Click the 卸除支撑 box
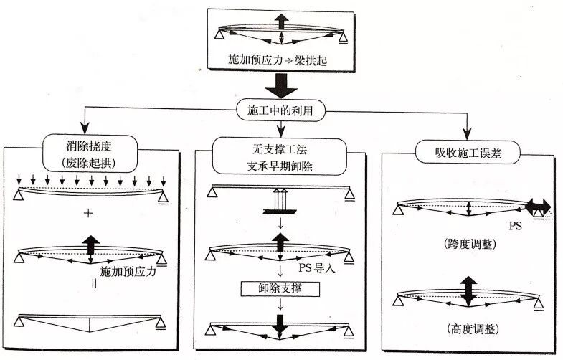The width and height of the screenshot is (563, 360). point(280,288)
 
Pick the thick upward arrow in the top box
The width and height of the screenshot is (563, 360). point(281,21)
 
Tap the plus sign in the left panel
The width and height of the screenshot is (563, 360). point(90,213)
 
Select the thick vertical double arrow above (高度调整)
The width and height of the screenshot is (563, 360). point(468,291)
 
